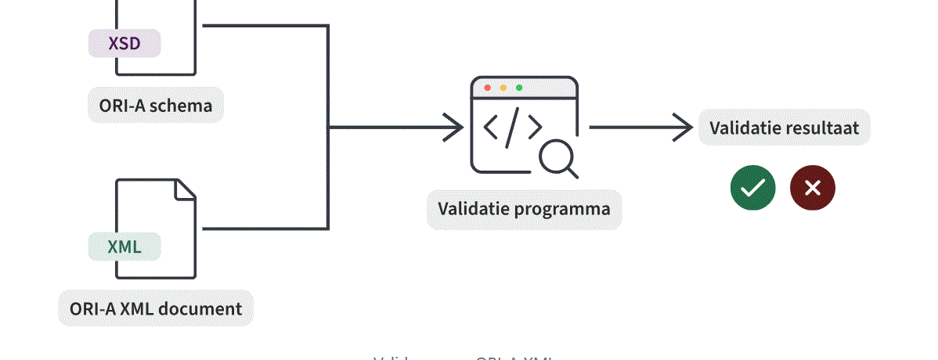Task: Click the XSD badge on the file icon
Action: (124, 43)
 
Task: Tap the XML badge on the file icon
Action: (124, 247)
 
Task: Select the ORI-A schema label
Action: (156, 105)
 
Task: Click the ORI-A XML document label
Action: (156, 308)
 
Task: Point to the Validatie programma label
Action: (524, 209)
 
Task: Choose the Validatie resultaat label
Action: (784, 128)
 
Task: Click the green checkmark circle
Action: (752, 189)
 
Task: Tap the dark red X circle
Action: (813, 189)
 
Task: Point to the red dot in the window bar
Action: (488, 88)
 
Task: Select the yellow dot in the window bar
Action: (503, 88)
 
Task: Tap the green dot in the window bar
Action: (519, 88)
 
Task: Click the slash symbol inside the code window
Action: (511, 128)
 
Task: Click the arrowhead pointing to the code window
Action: (453, 128)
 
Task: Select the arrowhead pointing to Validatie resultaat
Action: (683, 128)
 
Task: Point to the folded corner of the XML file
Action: (185, 189)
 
